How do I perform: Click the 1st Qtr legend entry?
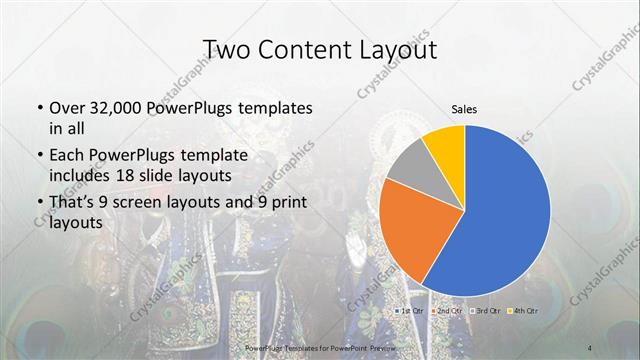pyautogui.click(x=411, y=313)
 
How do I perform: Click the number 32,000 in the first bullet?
pyautogui.click(x=109, y=107)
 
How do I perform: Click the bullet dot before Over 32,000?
pyautogui.click(x=38, y=108)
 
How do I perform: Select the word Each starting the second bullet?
pyautogui.click(x=66, y=156)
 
